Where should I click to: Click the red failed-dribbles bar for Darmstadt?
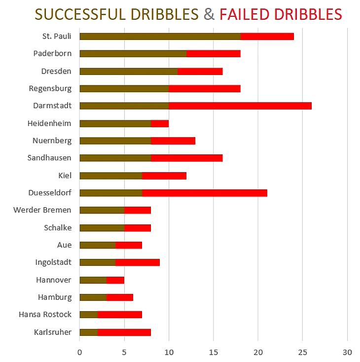(240, 106)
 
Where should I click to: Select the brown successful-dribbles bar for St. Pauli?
(160, 36)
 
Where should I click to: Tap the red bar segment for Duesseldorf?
(205, 193)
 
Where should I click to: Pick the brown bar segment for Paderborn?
(133, 53)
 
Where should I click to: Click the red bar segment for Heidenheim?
(160, 123)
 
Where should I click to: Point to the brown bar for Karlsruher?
(88, 332)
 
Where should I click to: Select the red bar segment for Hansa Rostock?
(120, 315)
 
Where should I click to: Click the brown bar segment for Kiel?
(110, 175)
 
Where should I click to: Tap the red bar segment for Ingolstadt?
(138, 262)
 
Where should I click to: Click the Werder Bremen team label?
(42, 210)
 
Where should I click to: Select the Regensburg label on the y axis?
(50, 88)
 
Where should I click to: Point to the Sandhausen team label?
(49, 158)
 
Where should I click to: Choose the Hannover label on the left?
(54, 280)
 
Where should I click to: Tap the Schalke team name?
(58, 227)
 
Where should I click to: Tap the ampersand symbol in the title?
(209, 14)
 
